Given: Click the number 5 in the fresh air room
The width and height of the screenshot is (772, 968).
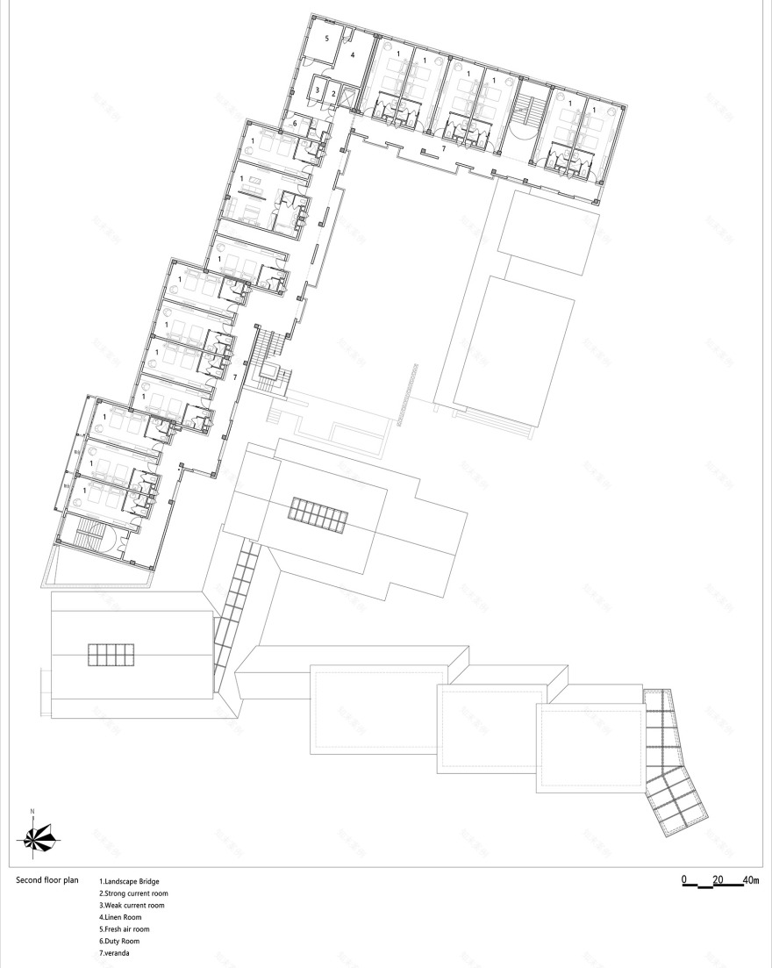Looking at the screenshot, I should point(326,39).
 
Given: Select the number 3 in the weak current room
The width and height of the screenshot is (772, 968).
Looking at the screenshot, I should point(317,90).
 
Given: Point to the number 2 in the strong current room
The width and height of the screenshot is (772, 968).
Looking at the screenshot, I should point(333,92).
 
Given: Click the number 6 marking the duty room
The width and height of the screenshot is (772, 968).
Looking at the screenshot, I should point(296,124).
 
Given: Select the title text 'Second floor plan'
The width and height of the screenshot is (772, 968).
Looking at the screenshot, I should point(48,878).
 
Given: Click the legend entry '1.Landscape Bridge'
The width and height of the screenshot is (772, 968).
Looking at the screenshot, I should point(129,881).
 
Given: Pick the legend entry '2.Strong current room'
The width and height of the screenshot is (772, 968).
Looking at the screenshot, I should point(133,893).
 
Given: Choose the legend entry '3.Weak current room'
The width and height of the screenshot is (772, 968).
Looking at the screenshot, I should point(132,905).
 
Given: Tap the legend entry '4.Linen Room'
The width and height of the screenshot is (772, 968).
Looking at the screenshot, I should point(120,917).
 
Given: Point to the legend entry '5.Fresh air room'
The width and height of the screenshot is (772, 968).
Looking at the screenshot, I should point(125,929).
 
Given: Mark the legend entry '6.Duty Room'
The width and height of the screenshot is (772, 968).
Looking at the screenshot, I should point(119,941).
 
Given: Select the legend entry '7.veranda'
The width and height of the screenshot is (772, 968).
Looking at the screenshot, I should point(115,953).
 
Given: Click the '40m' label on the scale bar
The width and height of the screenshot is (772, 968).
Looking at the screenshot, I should point(751,879).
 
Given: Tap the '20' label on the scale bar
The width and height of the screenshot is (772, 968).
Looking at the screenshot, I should point(718,879).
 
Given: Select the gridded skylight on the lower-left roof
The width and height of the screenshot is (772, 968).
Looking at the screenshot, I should point(110,655).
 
